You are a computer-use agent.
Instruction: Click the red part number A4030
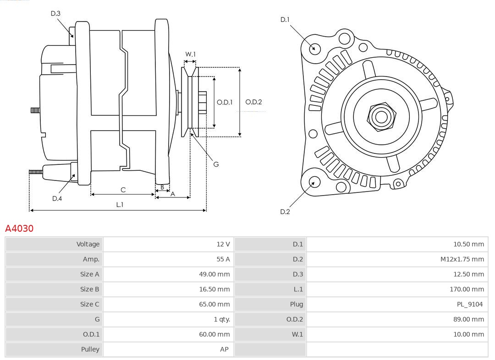(x=19, y=228)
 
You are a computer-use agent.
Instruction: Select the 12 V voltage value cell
(x=223, y=244)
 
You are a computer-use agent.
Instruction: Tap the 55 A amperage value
(x=223, y=259)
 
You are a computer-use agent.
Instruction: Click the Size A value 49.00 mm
(x=214, y=274)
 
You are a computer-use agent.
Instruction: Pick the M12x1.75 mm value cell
(x=462, y=259)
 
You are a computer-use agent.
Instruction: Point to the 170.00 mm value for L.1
(x=467, y=289)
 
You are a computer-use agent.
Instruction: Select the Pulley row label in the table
(x=90, y=349)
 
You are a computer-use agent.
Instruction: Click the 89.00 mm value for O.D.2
(x=468, y=319)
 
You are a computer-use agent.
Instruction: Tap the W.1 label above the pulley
(x=190, y=55)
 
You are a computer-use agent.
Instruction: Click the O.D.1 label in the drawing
(x=225, y=102)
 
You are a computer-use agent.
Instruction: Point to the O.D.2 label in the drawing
(x=253, y=102)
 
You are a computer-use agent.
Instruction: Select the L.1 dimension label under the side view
(x=119, y=205)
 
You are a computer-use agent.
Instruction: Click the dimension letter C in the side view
(x=123, y=190)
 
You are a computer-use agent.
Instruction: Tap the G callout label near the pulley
(x=216, y=164)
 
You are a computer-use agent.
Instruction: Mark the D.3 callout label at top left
(x=55, y=14)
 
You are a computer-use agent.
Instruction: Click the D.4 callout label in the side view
(x=57, y=198)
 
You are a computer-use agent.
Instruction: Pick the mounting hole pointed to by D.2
(x=314, y=182)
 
